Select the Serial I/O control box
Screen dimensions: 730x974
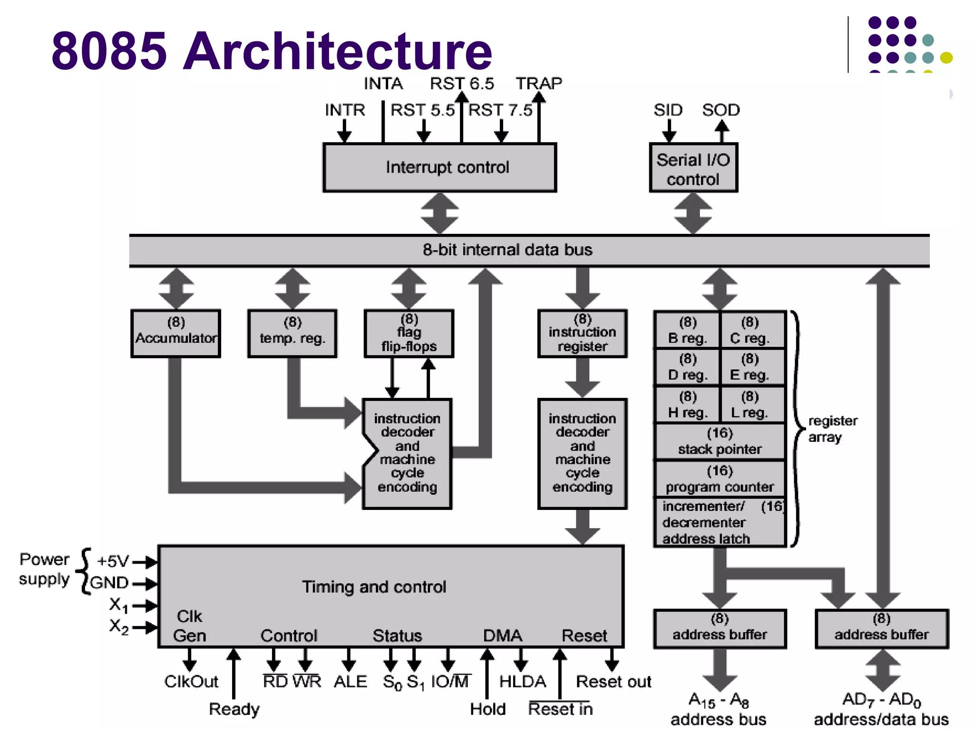[693, 168]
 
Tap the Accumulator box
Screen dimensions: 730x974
[175, 333]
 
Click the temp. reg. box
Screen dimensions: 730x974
[292, 333]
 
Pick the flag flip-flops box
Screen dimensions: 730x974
[409, 333]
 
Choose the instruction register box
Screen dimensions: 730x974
[582, 333]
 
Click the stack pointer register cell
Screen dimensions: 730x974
[719, 441]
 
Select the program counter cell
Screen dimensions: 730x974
[719, 479]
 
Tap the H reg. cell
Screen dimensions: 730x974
[687, 404]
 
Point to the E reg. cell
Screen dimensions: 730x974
[750, 367]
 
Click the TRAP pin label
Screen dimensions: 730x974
[539, 84]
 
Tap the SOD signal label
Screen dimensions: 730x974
[721, 110]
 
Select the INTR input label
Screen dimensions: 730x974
[345, 110]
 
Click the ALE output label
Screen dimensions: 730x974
[350, 682]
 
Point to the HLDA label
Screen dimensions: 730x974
[522, 682]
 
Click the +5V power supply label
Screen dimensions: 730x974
[113, 561]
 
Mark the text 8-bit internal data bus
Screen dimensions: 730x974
[507, 250]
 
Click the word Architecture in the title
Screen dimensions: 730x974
[337, 51]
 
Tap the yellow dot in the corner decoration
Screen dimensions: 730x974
[946, 58]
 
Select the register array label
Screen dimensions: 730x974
[832, 429]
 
